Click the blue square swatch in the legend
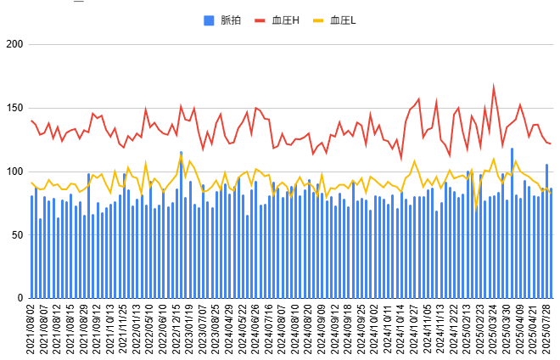pos(209,19)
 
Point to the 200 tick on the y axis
pos(13,44)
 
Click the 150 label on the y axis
pos(13,108)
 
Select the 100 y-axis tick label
pos(13,172)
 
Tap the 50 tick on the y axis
pos(16,235)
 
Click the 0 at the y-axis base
pos(19,298)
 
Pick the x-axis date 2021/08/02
pos(32,331)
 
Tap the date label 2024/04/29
pos(230,331)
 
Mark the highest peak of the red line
pos(494,87)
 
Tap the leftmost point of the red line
pos(32,121)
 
